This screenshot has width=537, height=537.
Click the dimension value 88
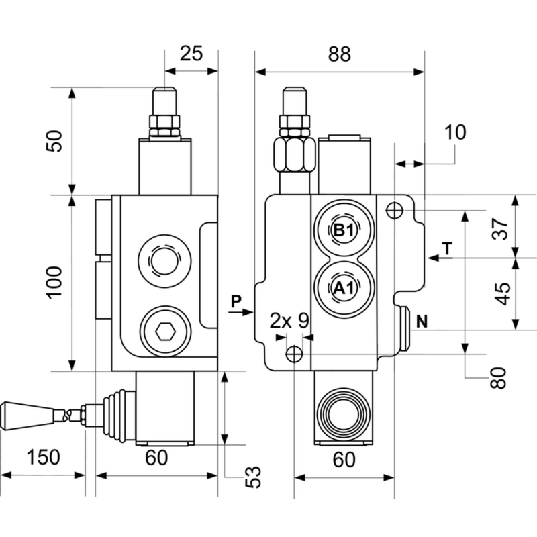click(x=340, y=54)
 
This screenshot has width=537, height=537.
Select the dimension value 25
click(x=191, y=54)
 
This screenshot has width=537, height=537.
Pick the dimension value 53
click(x=252, y=476)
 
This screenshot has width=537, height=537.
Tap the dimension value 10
click(x=454, y=132)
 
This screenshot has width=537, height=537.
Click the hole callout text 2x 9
click(x=289, y=320)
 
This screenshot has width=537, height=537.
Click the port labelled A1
click(x=344, y=289)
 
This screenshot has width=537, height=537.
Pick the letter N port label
click(x=422, y=321)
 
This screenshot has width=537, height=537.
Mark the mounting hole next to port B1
click(x=395, y=210)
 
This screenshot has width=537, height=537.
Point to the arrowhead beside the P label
click(x=249, y=311)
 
